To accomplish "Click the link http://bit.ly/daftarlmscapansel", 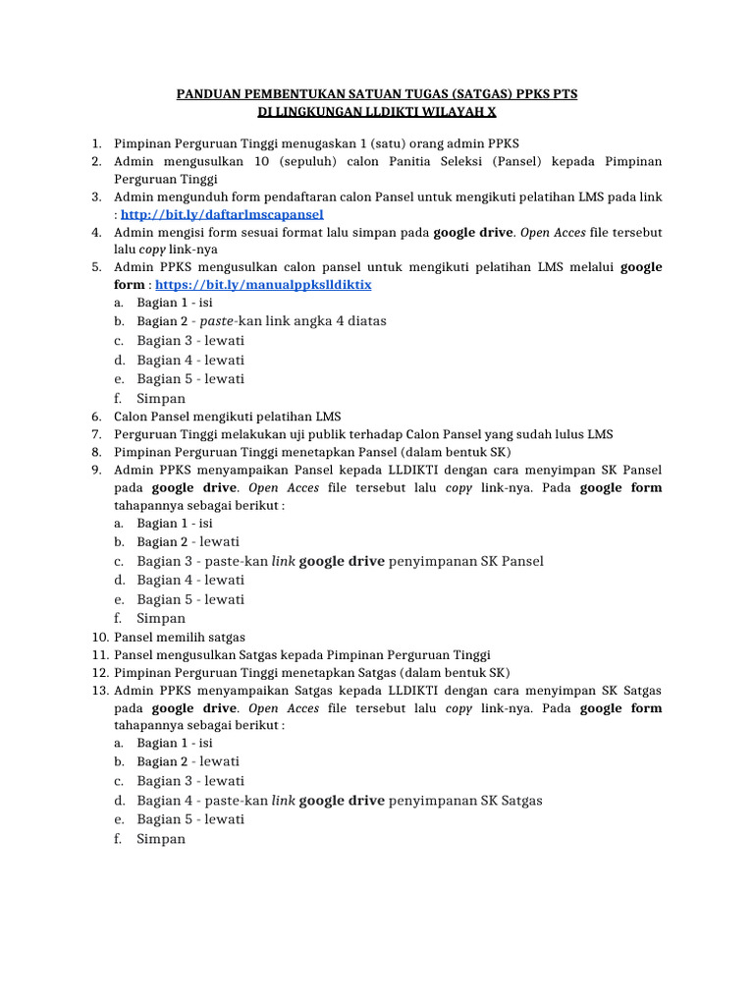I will coord(222,213).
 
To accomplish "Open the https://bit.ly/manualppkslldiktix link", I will coord(263,284).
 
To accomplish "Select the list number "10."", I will coord(98,637).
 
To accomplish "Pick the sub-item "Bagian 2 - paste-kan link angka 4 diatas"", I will coord(261,321).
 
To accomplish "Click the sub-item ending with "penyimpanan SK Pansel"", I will coord(340,561).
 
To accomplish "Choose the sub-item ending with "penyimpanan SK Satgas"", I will coord(340,801).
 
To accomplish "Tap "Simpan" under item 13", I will coord(161,839).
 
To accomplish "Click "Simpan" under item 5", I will coord(161,399).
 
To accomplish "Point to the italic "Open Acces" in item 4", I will coord(554,233).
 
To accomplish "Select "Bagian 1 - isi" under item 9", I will coord(175,524).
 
